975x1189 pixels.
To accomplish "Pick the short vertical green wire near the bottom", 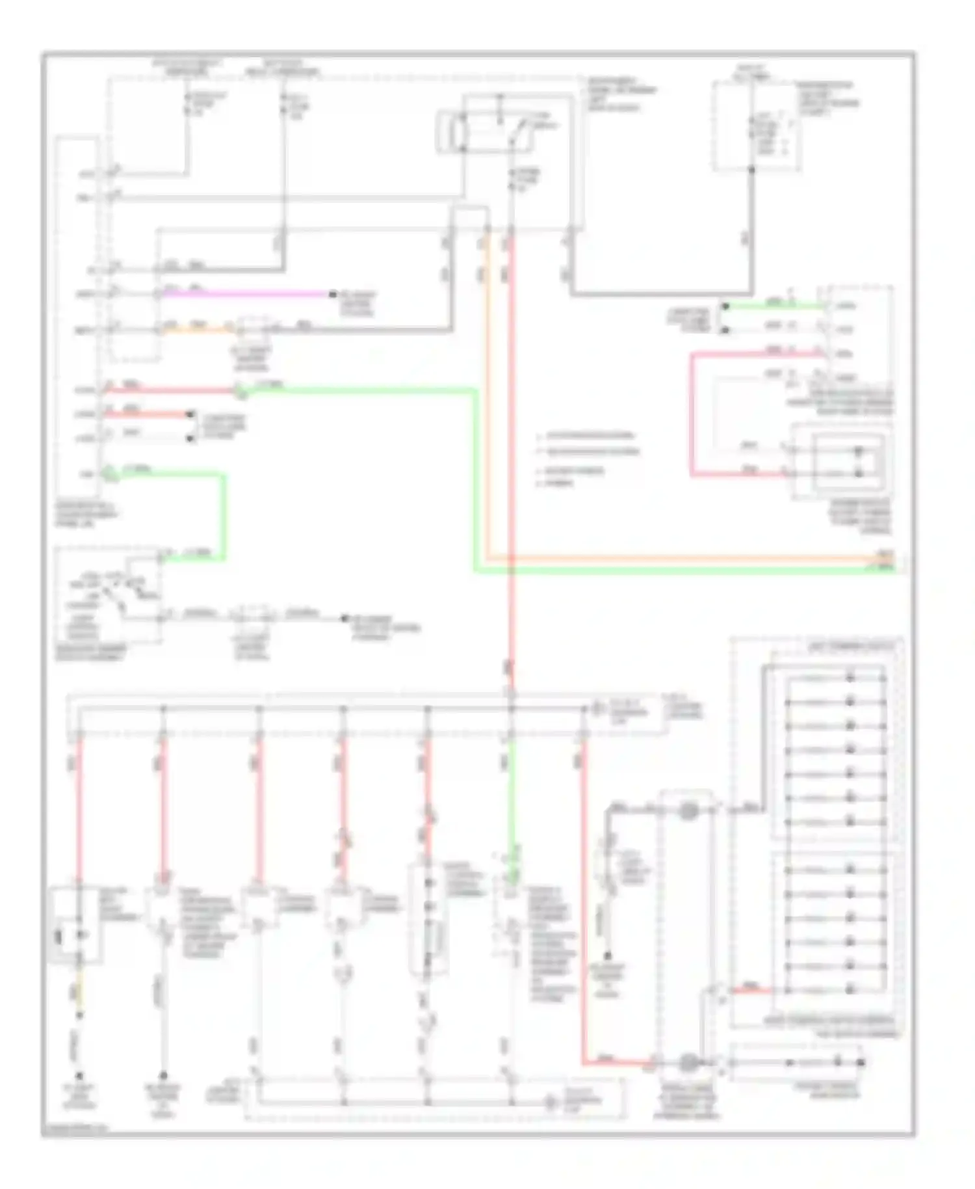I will pyautogui.click(x=512, y=800).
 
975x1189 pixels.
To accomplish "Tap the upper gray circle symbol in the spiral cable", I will pyautogui.click(x=688, y=810).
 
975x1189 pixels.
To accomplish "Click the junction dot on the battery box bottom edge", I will pyautogui.click(x=751, y=170).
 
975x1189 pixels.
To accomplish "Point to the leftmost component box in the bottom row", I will pyautogui.click(x=75, y=924).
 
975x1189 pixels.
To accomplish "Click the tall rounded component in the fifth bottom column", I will pyautogui.click(x=428, y=920).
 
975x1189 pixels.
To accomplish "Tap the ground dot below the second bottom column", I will pyautogui.click(x=163, y=1076).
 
